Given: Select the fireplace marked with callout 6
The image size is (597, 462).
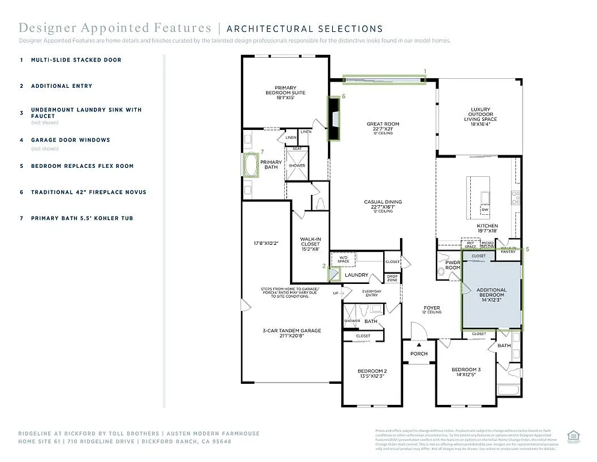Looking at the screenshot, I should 333,119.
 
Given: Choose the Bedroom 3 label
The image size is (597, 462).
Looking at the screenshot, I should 466,373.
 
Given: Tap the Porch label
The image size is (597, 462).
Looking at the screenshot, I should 419,354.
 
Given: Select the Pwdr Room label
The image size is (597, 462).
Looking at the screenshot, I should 453,265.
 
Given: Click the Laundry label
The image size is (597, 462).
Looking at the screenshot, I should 356,275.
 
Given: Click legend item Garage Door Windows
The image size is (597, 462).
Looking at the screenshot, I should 70,140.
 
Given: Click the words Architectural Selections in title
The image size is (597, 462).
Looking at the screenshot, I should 305,28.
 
